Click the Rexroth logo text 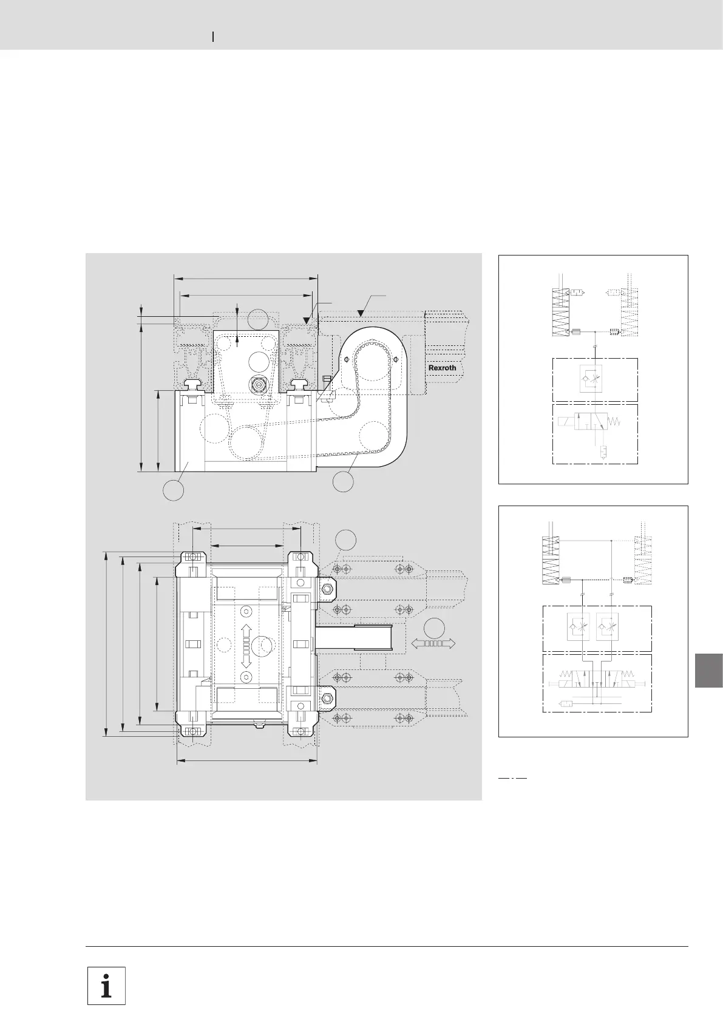click(x=443, y=368)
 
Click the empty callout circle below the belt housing click(x=343, y=482)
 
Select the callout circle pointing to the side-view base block click(x=174, y=490)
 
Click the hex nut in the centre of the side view click(x=258, y=385)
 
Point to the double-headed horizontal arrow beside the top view click(x=433, y=644)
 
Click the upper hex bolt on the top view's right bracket click(x=327, y=588)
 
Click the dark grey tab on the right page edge click(x=709, y=670)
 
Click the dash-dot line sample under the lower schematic click(x=512, y=777)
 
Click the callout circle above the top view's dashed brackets click(x=345, y=540)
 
